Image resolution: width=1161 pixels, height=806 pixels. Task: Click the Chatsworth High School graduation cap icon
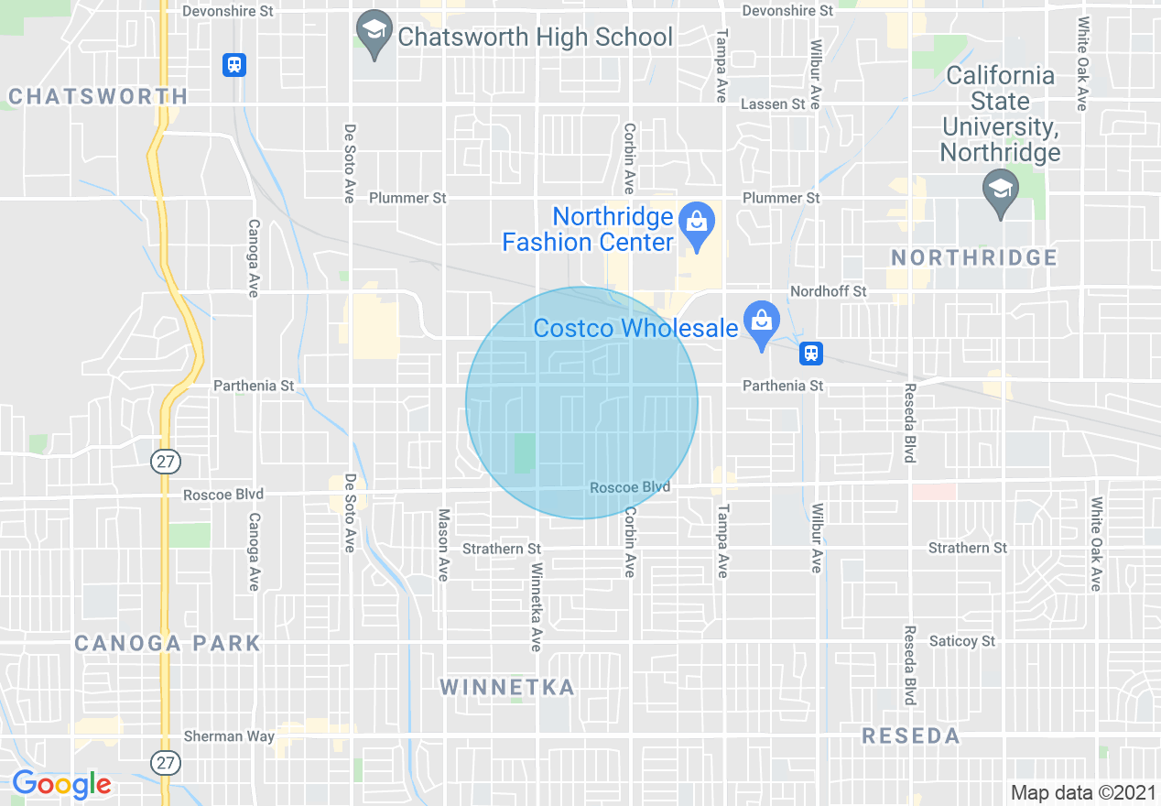[373, 30]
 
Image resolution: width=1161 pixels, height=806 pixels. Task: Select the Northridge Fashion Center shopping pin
[697, 223]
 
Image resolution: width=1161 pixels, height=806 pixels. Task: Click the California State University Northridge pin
[1000, 190]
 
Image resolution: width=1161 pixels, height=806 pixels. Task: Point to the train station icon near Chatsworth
[234, 64]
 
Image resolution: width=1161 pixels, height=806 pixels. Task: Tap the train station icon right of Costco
[810, 353]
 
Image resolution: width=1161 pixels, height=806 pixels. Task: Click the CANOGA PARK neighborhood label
[168, 643]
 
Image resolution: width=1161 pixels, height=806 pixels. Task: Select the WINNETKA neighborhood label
[507, 687]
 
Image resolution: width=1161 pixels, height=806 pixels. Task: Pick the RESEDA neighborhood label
[911, 735]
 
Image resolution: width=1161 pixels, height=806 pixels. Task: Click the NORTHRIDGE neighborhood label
[974, 257]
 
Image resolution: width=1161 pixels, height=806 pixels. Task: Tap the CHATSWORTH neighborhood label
[98, 96]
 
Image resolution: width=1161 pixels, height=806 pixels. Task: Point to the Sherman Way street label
[228, 735]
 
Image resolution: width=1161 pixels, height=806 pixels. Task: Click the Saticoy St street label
[961, 641]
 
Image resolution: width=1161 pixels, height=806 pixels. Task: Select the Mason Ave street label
[443, 545]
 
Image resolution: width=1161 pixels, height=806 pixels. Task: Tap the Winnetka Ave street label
[536, 606]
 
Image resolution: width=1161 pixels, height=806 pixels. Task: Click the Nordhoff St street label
[828, 291]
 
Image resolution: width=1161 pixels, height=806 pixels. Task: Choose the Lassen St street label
[772, 104]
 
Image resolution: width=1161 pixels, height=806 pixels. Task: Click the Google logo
[62, 784]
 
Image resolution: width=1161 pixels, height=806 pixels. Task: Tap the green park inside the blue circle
[524, 453]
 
